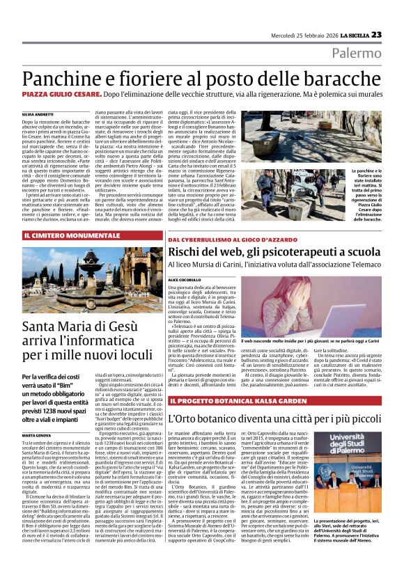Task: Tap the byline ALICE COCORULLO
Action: coord(184,278)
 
